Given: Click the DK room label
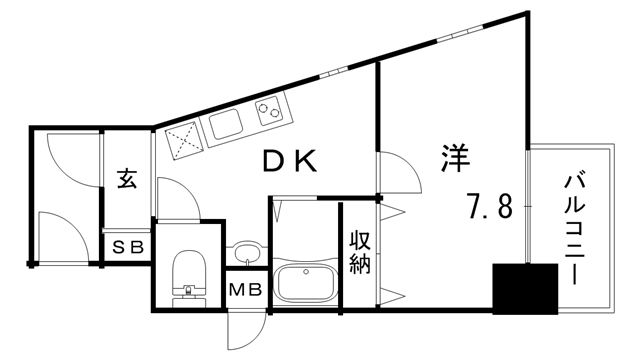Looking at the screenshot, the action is point(290,160).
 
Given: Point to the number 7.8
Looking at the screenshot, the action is point(489,207).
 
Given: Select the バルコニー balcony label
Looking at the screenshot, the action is point(577,226).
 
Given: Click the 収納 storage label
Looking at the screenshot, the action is point(361,252).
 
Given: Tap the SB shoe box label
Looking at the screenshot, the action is point(127,246).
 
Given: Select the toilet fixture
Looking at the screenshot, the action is point(187,274).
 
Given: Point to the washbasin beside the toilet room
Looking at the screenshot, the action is point(246,251).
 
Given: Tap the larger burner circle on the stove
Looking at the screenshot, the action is point(266,109).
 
